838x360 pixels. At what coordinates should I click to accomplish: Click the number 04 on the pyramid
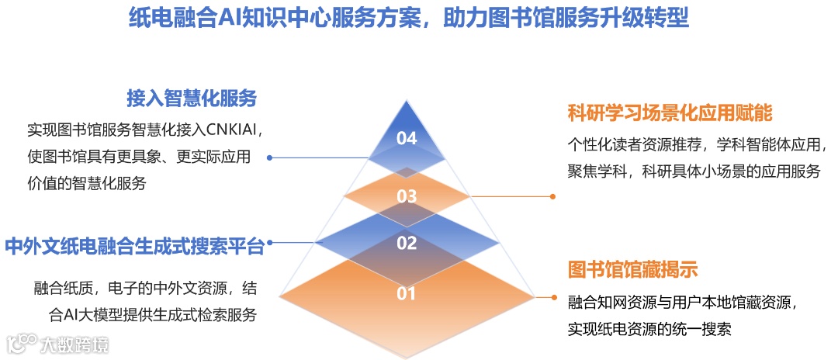coord(407,139)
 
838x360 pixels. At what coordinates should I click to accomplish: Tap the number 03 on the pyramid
coord(407,196)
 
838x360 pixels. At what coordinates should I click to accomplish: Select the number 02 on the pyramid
coord(407,244)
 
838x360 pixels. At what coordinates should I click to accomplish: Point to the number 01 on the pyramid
coord(407,293)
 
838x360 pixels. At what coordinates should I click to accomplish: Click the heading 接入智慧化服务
coord(192,99)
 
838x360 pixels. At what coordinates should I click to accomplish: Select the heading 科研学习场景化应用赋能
coord(670,113)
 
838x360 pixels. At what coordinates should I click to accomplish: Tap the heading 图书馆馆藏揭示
coord(634,269)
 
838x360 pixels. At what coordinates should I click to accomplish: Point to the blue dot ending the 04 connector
coord(269,157)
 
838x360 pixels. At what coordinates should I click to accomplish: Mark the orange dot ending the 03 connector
coord(552,196)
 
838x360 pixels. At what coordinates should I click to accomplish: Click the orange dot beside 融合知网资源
coord(552,297)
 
